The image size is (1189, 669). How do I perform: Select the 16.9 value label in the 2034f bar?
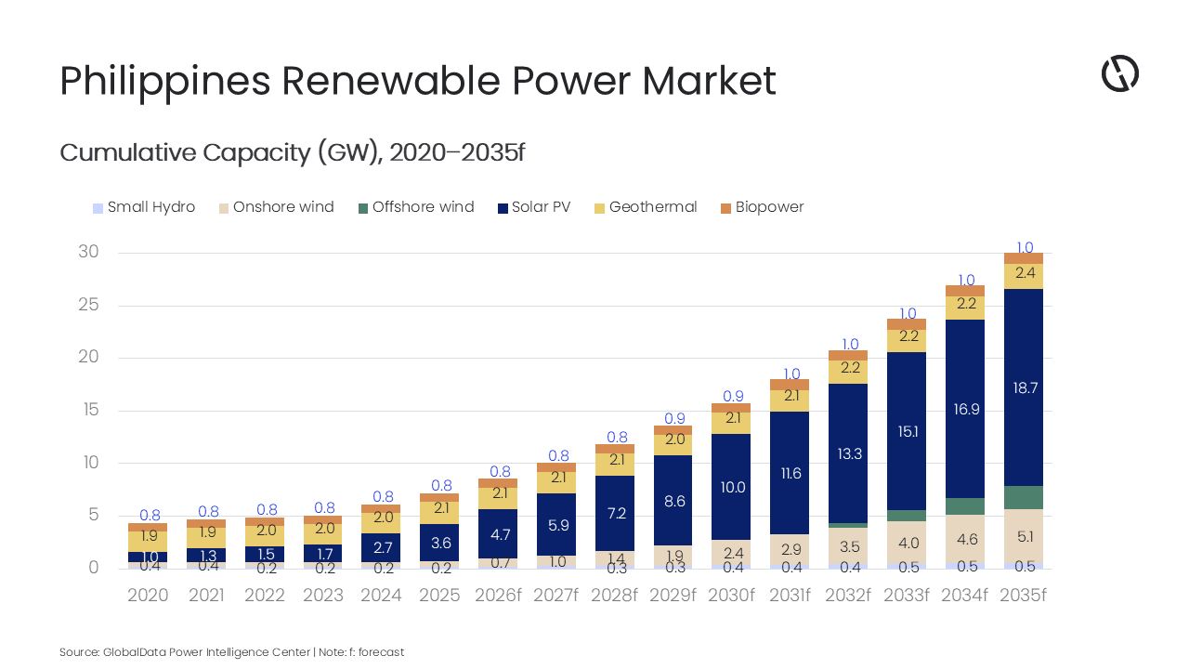tap(966, 409)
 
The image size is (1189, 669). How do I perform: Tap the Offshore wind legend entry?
tap(415, 207)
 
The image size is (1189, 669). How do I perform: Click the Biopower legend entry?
tap(761, 207)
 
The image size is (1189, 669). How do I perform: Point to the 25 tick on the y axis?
tap(87, 305)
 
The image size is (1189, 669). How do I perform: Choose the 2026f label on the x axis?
tap(498, 596)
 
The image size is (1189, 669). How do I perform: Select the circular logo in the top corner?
tap(1119, 73)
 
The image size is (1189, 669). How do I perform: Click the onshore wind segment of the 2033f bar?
tap(907, 543)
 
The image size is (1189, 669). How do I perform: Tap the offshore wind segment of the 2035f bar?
tap(1023, 497)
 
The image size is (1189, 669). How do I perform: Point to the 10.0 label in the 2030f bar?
tap(732, 487)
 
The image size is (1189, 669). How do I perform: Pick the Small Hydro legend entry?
tap(144, 207)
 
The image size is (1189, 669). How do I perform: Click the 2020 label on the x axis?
tap(148, 596)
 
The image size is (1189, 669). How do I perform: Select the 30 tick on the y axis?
tap(87, 252)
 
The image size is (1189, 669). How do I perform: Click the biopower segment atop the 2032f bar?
tap(848, 355)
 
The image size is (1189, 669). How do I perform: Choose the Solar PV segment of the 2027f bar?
tap(556, 525)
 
